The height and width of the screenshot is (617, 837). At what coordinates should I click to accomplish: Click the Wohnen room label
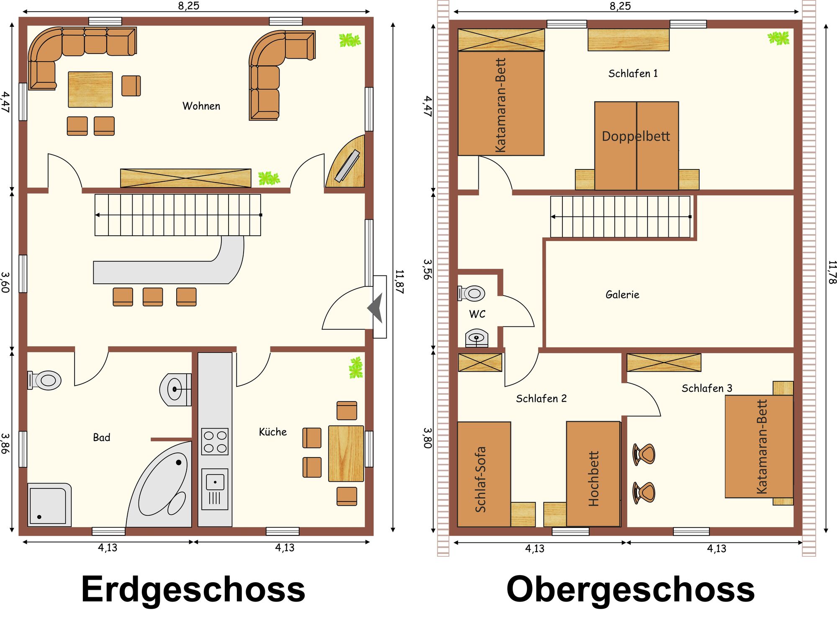coord(201,106)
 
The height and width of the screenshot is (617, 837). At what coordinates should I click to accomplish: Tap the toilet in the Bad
coord(44,380)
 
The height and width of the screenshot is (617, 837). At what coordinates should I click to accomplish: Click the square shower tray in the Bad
coord(49,505)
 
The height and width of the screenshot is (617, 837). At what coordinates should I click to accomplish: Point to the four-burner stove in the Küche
coord(215,441)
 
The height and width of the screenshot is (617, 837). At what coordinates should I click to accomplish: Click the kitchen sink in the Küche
coord(215,489)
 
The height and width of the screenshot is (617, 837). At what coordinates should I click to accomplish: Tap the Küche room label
coord(273,432)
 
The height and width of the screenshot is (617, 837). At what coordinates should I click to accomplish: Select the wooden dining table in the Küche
coord(346,453)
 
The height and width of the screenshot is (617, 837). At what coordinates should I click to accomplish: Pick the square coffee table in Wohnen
coord(90,90)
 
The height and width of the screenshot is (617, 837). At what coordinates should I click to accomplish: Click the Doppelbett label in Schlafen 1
coord(636,136)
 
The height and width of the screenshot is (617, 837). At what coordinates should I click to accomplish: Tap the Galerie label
coord(622,295)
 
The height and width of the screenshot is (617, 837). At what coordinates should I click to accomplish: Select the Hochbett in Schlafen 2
coord(593,474)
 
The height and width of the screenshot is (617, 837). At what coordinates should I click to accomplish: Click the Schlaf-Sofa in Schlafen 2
coord(484,474)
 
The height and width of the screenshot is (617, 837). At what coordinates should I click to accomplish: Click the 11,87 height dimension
coord(400,282)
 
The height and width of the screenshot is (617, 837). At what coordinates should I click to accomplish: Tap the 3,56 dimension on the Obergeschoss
coord(427,269)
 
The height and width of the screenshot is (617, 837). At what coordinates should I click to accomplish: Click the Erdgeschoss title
coord(193,589)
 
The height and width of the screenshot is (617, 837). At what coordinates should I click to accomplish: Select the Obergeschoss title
coord(630,589)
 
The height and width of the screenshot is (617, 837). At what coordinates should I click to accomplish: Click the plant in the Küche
coord(356,368)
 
